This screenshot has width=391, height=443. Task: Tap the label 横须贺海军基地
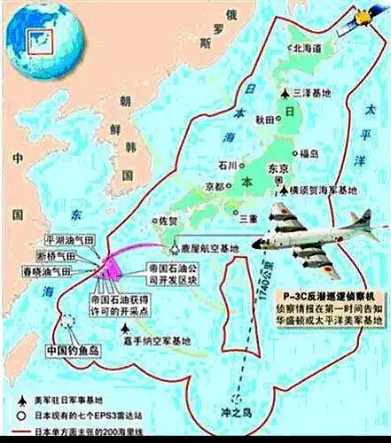point(323,190)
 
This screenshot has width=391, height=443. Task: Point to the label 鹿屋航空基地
point(212,251)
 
